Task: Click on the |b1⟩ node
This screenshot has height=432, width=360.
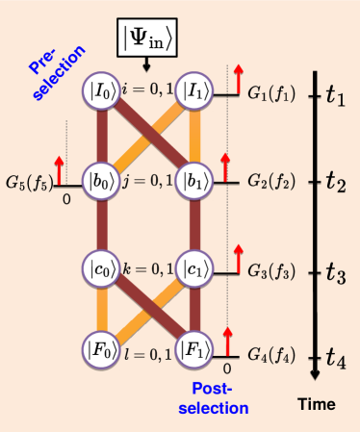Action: (x=195, y=181)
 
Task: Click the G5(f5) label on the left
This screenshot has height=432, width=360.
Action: (x=29, y=181)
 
